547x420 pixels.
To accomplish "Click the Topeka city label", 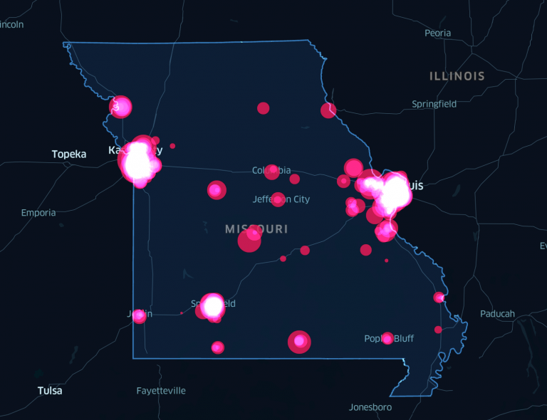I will coord(69,154).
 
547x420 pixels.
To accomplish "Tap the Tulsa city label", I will coord(50,390).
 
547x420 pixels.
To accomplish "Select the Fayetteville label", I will coord(161,390).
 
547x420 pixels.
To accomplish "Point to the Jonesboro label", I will coord(370,407).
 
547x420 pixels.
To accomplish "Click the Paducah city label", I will coord(497,313).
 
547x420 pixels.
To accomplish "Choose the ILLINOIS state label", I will coord(457,76).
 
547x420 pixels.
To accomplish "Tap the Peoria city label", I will coord(437,33).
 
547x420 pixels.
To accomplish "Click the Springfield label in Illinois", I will coord(434,104).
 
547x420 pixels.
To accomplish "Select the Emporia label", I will coord(38,212).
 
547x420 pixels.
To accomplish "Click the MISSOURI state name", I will coord(256,229).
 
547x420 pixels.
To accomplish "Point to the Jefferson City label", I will coord(282,199).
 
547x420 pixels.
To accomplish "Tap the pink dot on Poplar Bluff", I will coord(387,338).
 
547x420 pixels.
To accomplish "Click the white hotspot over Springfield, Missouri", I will coord(213,305).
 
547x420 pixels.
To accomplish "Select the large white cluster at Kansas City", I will coord(138,162).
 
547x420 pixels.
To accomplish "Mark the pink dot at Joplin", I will coord(139,315).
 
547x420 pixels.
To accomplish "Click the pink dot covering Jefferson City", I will coord(278,199).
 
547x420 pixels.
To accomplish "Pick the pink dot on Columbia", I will coord(271,172).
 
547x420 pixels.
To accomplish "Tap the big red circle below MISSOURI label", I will coord(249,240).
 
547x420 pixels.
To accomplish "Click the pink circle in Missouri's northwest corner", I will coord(121,107).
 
